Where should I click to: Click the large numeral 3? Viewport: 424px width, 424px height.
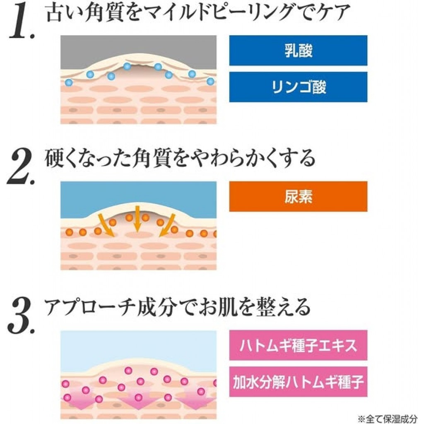(x=22, y=315)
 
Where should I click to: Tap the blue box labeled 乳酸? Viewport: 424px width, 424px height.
(x=298, y=51)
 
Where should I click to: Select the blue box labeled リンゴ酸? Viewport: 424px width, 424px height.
(x=298, y=87)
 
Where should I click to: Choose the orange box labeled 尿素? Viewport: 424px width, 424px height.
(x=298, y=196)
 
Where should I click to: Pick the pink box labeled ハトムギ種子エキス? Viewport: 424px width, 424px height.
(x=298, y=345)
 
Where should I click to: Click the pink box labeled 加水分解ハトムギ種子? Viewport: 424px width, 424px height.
(x=298, y=381)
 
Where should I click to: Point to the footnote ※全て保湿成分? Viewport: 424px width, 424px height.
(x=388, y=419)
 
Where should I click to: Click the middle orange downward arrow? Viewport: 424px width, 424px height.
(x=137, y=219)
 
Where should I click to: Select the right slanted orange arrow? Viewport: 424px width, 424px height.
(x=168, y=225)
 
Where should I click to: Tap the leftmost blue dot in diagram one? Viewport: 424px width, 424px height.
(x=69, y=82)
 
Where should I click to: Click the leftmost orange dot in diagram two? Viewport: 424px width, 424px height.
(x=69, y=232)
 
